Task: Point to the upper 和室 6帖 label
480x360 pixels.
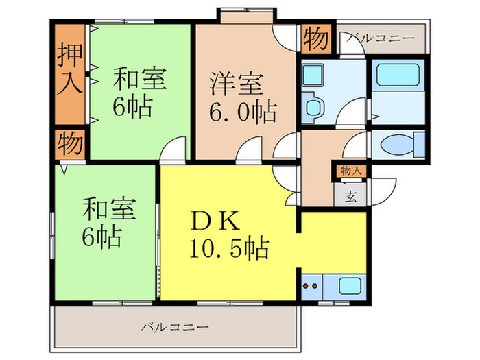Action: click(139, 92)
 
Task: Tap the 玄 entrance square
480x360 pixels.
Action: click(350, 196)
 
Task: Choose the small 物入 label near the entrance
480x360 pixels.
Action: click(350, 171)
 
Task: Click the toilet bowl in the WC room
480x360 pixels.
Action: click(398, 146)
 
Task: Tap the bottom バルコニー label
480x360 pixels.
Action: click(174, 326)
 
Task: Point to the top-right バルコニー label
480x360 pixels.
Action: click(381, 37)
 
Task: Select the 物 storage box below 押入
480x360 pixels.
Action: click(70, 145)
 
